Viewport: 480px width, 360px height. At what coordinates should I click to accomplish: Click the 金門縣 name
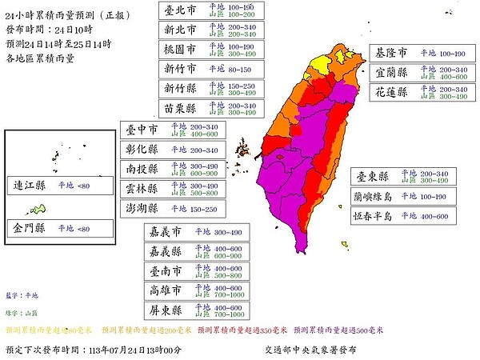30,228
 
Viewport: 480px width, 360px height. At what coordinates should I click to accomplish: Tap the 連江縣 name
30,185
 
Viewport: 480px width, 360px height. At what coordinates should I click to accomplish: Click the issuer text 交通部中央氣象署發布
311,350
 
